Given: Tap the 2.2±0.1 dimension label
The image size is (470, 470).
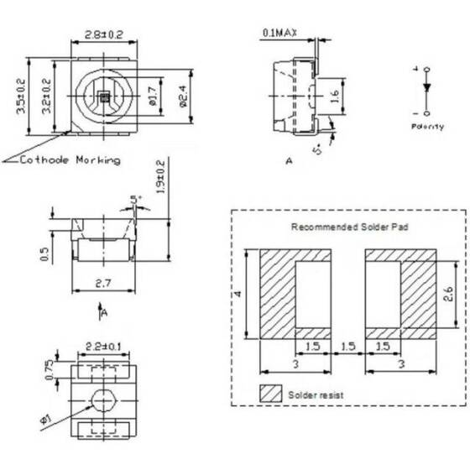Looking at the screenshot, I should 102,345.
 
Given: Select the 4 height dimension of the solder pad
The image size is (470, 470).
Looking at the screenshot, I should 238,293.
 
